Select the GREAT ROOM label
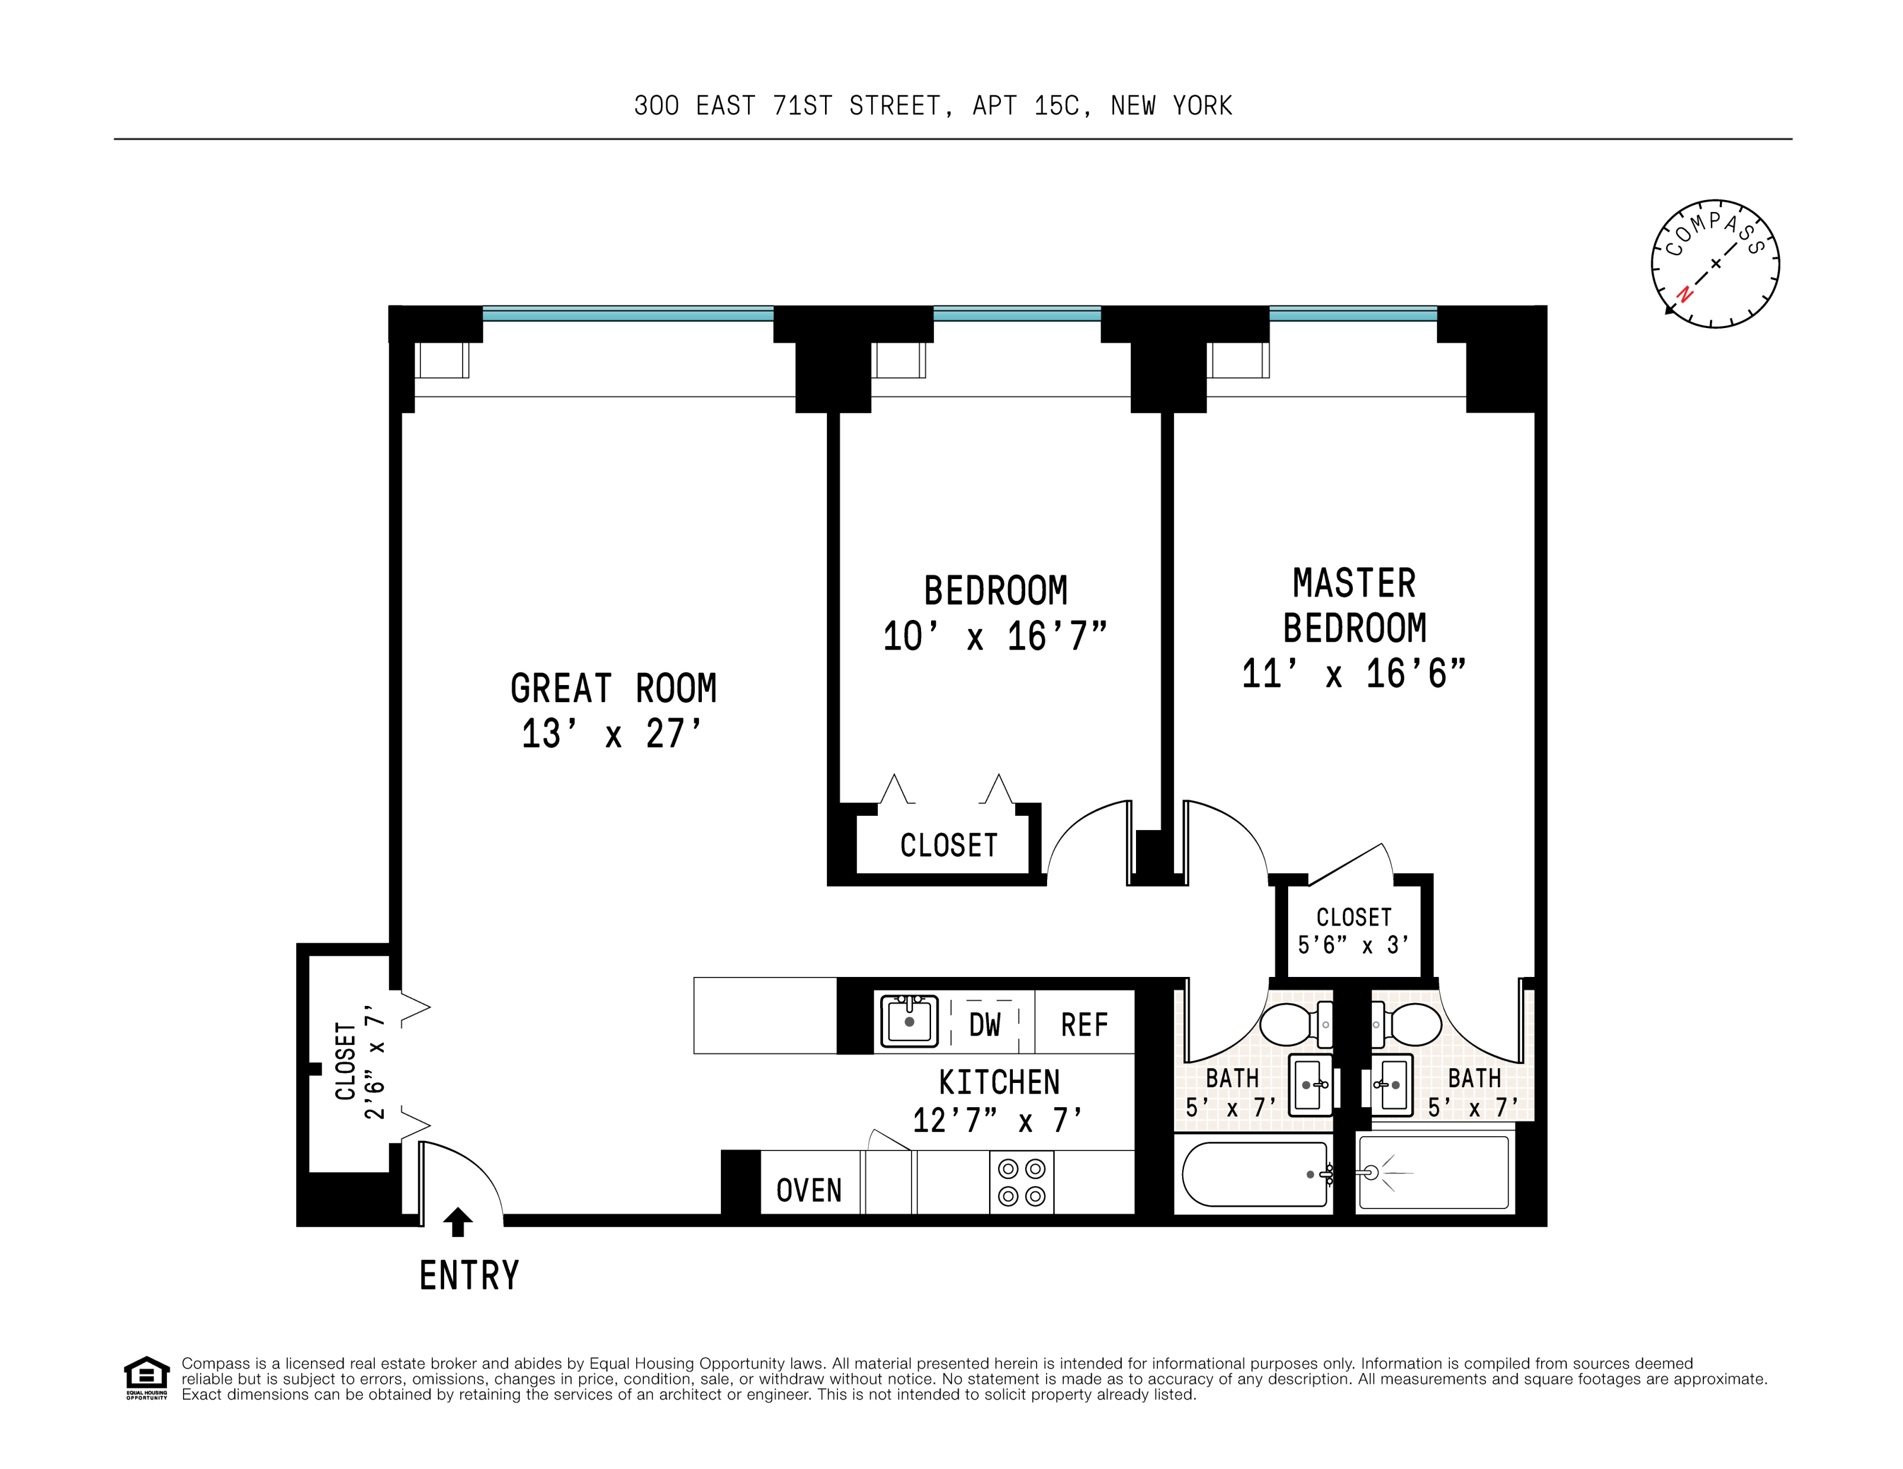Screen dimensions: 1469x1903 point(614,689)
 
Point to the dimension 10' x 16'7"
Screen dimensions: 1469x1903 point(994,637)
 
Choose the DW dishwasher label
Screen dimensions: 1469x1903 point(984,1026)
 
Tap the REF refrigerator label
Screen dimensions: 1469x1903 point(1084,1026)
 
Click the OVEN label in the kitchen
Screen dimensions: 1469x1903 point(808,1190)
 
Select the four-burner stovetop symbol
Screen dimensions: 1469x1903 point(1021,1182)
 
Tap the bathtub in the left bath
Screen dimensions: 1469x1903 point(1253,1175)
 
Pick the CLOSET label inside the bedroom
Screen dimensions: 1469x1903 point(948,845)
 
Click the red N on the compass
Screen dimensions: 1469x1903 point(1685,294)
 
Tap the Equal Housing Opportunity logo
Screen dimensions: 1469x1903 point(146,1377)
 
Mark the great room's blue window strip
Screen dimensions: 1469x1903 point(627,314)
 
